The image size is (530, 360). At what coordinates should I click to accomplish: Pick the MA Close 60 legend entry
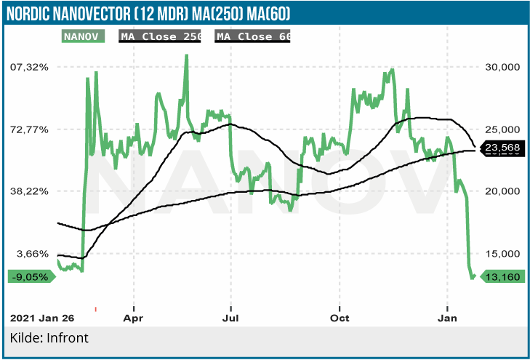253,36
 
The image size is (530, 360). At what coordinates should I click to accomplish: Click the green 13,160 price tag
502,276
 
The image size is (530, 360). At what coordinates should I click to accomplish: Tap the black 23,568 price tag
501,148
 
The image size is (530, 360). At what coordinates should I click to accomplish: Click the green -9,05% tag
31,276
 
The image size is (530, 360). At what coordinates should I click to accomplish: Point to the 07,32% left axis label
29,67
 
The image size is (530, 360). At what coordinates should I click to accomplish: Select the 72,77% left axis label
29,129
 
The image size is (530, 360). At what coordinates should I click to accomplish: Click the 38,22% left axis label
29,191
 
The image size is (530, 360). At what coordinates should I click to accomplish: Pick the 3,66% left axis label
32,254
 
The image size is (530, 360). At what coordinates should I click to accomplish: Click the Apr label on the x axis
134,318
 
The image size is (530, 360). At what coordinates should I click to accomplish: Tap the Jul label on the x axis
230,318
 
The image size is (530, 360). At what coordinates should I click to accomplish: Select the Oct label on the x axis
340,318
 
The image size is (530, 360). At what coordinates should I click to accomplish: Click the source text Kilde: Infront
49,339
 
